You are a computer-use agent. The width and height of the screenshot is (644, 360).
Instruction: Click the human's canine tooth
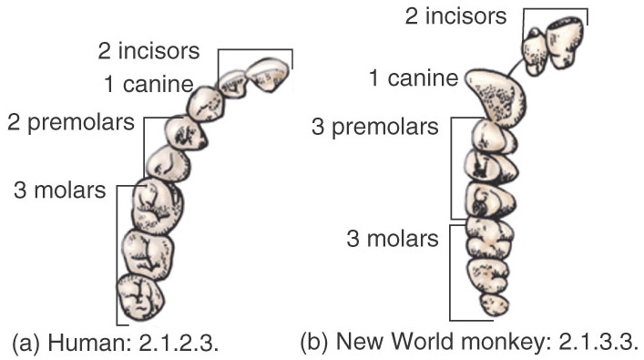click(x=206, y=104)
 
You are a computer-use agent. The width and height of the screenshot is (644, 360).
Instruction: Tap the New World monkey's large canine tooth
click(x=496, y=98)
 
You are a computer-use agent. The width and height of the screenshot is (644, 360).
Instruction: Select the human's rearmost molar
click(x=140, y=297)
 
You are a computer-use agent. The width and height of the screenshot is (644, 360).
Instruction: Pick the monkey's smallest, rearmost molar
click(x=495, y=304)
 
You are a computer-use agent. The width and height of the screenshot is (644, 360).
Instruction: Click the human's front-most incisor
click(x=268, y=75)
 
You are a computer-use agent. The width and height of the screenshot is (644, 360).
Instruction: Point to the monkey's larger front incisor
click(x=566, y=43)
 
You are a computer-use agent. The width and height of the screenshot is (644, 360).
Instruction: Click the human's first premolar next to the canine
click(x=185, y=132)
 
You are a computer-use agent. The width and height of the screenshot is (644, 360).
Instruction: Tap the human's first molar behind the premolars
click(x=158, y=206)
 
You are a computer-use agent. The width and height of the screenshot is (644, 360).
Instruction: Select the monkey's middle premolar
click(x=491, y=166)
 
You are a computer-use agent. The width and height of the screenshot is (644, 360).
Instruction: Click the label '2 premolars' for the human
click(x=71, y=122)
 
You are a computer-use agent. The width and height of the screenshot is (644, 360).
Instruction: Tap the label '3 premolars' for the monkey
click(x=375, y=127)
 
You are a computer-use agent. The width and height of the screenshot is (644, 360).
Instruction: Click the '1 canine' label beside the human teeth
click(x=148, y=84)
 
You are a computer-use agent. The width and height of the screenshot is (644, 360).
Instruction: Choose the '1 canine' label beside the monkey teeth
click(x=414, y=78)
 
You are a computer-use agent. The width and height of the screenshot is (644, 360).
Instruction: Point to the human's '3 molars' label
click(x=60, y=190)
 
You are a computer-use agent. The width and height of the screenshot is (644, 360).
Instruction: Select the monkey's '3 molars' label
click(x=393, y=239)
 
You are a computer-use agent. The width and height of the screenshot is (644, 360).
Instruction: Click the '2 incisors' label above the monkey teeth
click(x=455, y=16)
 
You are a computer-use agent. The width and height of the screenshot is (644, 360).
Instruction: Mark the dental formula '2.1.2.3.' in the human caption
click(x=179, y=343)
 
